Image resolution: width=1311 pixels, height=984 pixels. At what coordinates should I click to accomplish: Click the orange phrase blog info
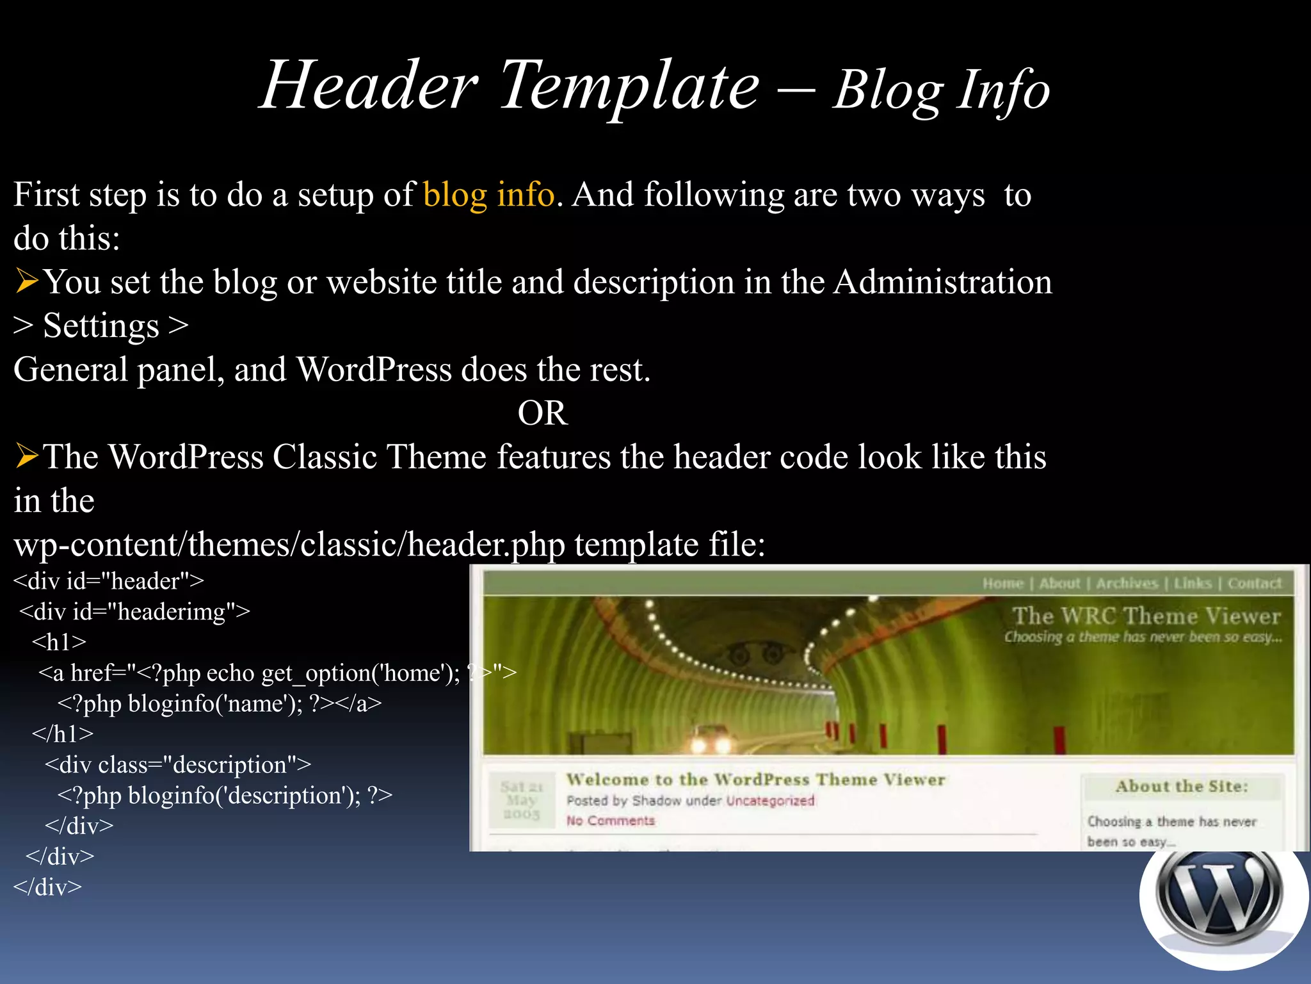pos(488,195)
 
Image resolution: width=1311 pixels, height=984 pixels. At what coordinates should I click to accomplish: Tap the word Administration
pos(942,283)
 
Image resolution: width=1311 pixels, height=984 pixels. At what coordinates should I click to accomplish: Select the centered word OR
pos(542,413)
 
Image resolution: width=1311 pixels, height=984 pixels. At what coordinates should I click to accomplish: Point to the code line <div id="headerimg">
pos(134,612)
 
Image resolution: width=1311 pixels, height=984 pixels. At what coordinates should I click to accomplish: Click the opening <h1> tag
pos(59,642)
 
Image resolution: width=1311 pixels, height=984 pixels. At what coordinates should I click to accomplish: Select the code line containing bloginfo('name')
pos(220,703)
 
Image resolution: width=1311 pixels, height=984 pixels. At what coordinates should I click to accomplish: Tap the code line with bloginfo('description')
pos(225,796)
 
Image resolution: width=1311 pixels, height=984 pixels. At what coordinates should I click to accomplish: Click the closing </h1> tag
pos(63,734)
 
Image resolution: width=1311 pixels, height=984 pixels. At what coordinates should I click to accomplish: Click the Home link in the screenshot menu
pos(1003,584)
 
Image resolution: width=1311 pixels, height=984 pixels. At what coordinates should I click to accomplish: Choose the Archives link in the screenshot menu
pos(1127,584)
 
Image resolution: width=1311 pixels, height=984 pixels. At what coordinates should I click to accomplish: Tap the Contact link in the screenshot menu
pos(1254,584)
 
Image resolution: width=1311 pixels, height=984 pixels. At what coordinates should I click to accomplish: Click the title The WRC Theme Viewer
pos(1146,616)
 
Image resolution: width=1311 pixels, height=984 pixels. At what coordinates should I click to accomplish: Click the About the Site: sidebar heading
pos(1182,787)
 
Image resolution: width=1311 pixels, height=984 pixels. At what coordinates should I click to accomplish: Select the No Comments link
pos(610,821)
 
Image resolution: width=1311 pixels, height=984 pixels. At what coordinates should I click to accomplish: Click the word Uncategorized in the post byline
pos(770,801)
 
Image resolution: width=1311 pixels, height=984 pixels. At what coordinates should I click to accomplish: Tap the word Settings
pos(101,326)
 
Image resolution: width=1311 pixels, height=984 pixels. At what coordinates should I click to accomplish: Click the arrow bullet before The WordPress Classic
pos(27,457)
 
